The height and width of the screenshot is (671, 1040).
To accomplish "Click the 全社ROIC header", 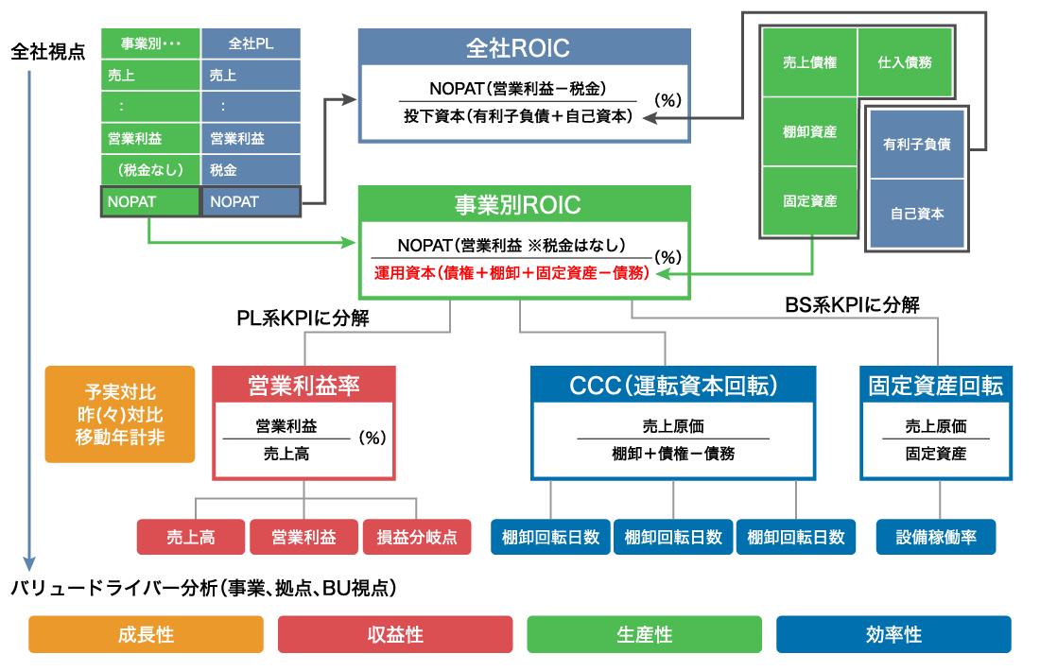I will [524, 47].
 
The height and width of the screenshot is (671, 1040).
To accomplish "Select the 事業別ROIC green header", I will [524, 204].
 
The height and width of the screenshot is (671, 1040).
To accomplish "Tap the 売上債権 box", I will [809, 62].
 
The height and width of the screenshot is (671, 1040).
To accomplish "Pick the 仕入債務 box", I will [905, 62].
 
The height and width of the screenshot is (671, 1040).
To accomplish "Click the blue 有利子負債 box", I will [916, 145].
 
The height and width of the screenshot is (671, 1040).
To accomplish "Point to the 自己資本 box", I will [916, 214].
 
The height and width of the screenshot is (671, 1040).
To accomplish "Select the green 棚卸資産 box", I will [809, 132].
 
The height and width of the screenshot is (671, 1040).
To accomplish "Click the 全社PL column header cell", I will [251, 43].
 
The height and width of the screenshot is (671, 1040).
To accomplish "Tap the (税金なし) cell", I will [150, 170].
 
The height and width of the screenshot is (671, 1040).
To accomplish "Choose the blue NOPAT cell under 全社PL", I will [251, 201].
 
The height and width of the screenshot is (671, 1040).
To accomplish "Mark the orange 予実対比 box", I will [120, 414].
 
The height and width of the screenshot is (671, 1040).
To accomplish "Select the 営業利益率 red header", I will [303, 386].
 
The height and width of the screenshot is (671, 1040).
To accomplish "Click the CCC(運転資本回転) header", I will [672, 386].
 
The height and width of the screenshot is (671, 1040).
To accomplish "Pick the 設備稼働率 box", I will [936, 537].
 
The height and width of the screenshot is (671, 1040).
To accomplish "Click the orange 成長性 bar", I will [146, 634].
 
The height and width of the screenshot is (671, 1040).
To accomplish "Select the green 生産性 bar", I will [644, 634].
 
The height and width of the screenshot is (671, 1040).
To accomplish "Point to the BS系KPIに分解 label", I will [852, 305].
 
